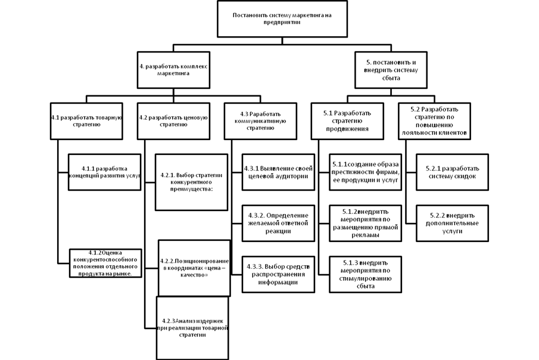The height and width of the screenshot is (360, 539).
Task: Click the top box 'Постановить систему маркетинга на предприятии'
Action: click(282, 18)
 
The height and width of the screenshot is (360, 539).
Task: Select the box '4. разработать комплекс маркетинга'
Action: click(173, 70)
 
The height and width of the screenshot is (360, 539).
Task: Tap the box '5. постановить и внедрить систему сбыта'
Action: click(391, 69)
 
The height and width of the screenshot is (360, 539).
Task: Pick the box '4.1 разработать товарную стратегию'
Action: click(86, 121)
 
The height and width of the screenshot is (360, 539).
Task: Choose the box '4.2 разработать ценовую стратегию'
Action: click(173, 121)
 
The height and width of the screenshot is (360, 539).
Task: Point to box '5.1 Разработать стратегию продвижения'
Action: click(347, 120)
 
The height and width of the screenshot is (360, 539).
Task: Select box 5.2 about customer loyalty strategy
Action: click(433, 121)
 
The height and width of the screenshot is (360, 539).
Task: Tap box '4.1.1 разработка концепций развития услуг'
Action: click(104, 172)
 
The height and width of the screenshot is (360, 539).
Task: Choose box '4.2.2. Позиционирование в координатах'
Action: click(194, 268)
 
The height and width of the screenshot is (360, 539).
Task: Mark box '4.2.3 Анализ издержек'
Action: click(193, 328)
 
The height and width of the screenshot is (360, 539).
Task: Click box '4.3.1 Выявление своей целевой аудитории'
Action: click(278, 172)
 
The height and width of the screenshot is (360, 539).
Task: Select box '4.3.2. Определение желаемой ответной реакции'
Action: click(278, 223)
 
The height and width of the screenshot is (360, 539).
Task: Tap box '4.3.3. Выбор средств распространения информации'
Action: click(278, 274)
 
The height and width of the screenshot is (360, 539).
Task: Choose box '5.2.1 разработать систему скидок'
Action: click(452, 172)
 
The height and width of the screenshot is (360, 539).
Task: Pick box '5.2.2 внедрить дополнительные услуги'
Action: click(452, 223)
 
